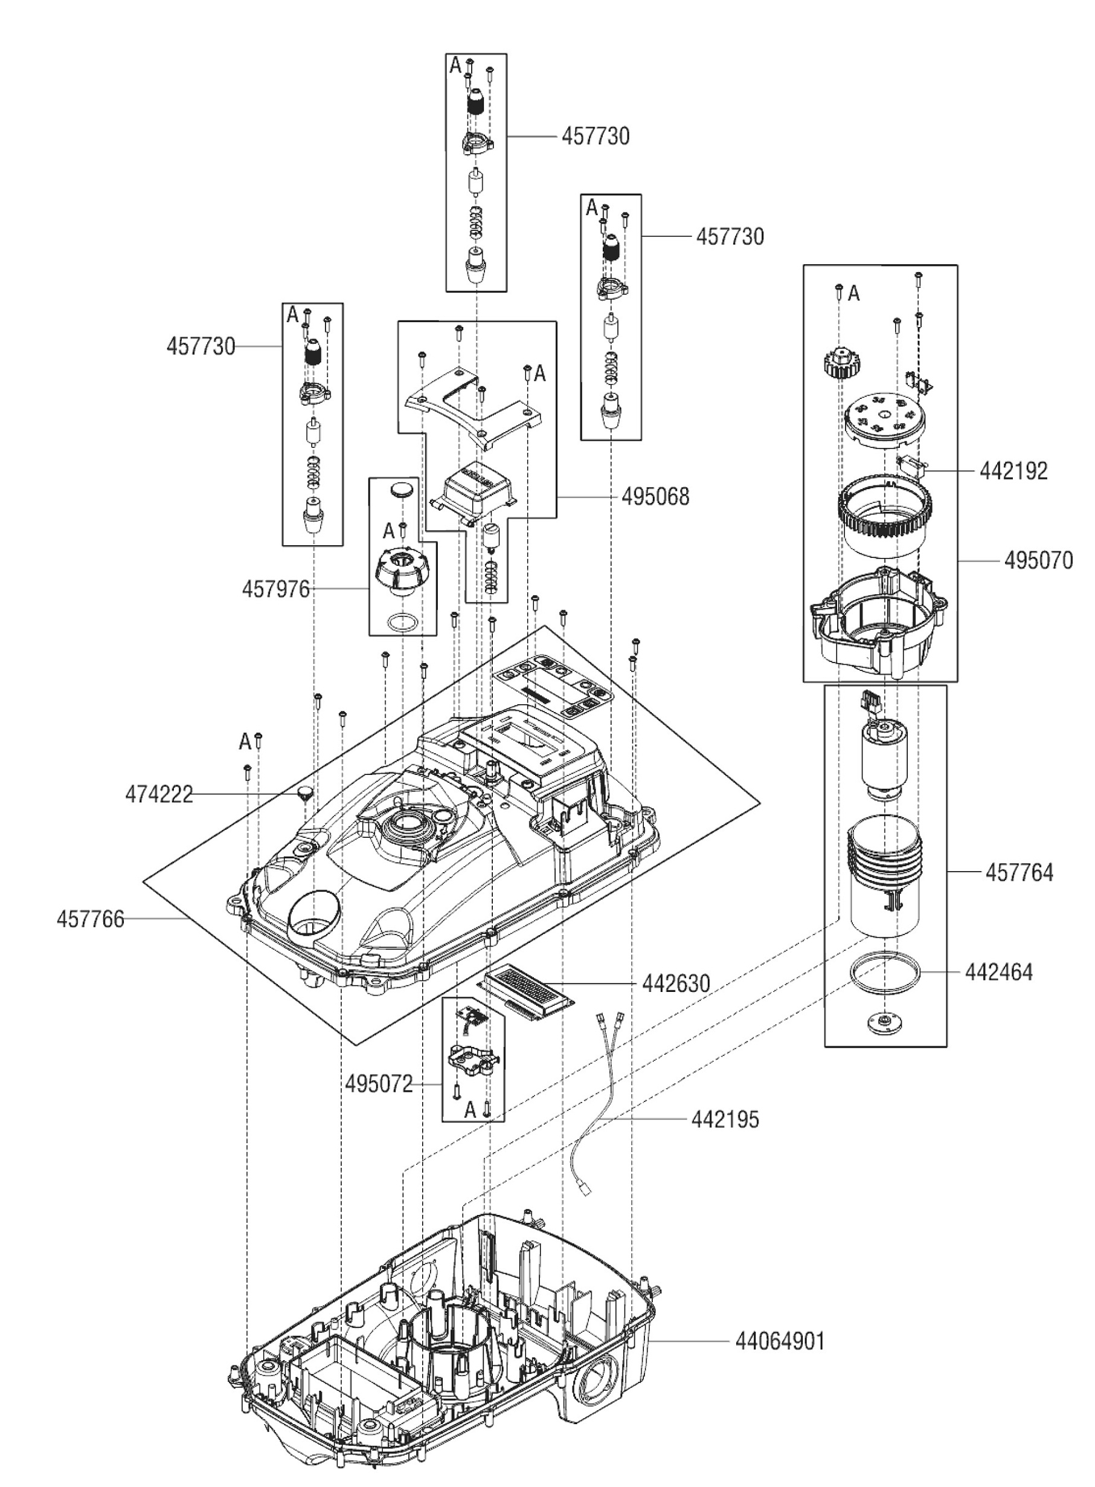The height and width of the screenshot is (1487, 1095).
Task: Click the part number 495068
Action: [655, 497]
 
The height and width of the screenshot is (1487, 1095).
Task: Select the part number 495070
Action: [1038, 561]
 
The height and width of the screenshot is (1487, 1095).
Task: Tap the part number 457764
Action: [1019, 872]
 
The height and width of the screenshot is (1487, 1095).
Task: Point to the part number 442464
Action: [999, 973]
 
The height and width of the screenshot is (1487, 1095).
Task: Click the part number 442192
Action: [1013, 471]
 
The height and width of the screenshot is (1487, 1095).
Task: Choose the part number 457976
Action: [276, 588]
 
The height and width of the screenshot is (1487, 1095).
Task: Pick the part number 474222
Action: [159, 794]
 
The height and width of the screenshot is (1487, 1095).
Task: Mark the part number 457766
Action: [90, 919]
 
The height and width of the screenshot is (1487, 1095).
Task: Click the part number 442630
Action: [675, 983]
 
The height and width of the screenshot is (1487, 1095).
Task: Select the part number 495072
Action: [379, 1084]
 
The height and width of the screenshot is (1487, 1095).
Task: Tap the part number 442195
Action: [725, 1119]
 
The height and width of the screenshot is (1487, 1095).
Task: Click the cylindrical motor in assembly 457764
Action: [885, 759]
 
